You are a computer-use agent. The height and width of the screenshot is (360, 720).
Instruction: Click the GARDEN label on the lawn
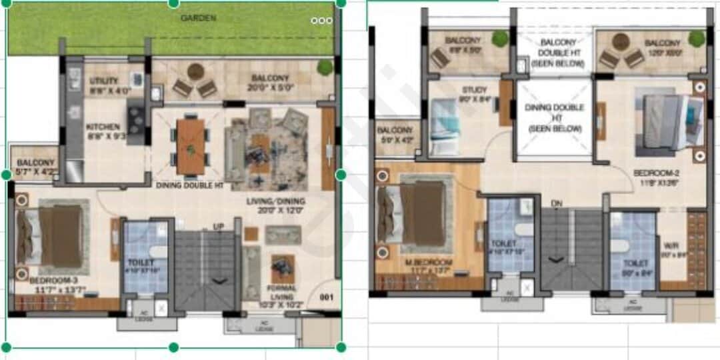(x=199, y=18)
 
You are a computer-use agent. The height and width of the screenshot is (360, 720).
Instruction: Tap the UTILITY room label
(x=103, y=81)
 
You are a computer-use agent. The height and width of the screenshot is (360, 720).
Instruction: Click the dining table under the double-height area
(x=190, y=145)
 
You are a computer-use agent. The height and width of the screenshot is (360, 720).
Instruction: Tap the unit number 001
(x=326, y=297)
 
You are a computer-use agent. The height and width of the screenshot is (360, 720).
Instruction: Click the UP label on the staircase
(x=218, y=227)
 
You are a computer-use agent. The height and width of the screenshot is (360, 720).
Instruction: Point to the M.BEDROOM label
(x=429, y=262)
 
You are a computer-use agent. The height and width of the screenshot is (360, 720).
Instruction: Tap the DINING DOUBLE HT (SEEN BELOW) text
(x=555, y=117)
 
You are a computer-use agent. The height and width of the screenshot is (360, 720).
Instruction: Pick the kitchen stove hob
(x=135, y=120)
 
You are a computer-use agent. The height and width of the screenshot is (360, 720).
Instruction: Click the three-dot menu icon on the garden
(x=321, y=21)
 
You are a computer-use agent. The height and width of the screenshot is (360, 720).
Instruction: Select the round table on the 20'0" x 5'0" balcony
(x=195, y=71)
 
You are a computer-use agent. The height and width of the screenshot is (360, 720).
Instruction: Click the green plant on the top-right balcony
(x=697, y=39)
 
